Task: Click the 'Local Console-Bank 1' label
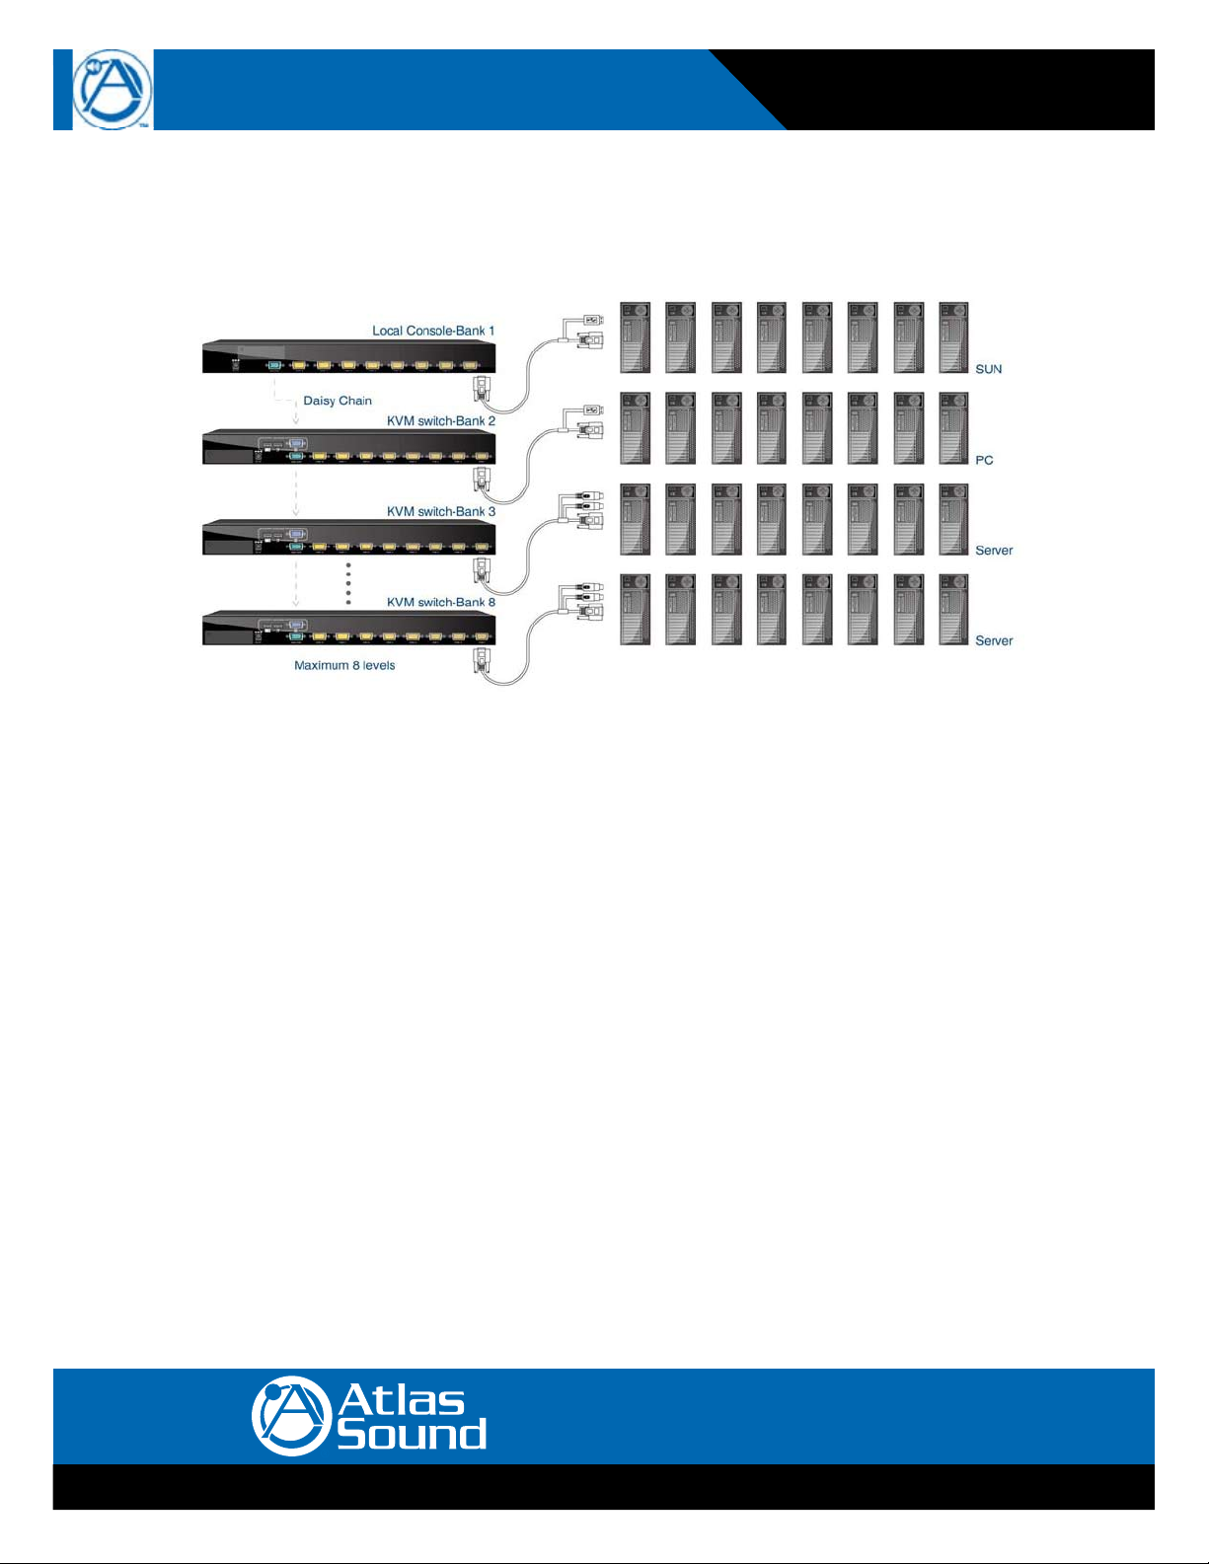coord(433,331)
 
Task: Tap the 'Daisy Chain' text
coord(338,401)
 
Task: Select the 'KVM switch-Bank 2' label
coord(441,421)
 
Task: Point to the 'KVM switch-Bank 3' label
coord(441,512)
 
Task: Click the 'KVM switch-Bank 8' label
coord(441,602)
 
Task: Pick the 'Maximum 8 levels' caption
coord(344,666)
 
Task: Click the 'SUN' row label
coord(988,369)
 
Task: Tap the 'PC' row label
coord(984,460)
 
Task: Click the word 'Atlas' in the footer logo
coord(401,1399)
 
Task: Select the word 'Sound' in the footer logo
coord(412,1434)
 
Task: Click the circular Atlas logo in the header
coord(113,90)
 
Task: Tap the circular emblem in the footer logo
coord(289,1416)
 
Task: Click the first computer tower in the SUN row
coord(635,337)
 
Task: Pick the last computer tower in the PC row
coord(953,428)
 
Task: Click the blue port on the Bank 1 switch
coord(275,366)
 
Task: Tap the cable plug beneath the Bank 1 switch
coord(481,389)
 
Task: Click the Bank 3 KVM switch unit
coord(348,537)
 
